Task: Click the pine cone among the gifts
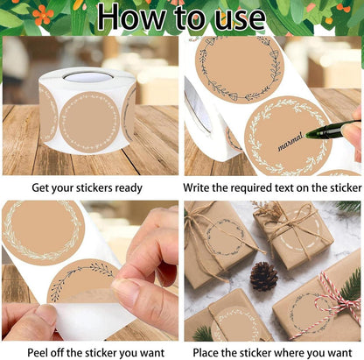pos(263,276)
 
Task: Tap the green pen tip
pos(307,135)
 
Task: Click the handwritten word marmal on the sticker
pos(290,142)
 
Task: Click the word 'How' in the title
pos(130,18)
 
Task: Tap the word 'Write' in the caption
pos(196,187)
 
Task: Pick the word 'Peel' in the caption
pos(38,352)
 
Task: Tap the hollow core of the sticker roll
pos(88,77)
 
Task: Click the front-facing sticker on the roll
pos(89,122)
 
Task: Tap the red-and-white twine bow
pos(339,300)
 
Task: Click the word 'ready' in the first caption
pos(129,188)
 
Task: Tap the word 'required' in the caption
pos(251,188)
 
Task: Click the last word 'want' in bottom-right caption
pos(338,353)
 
